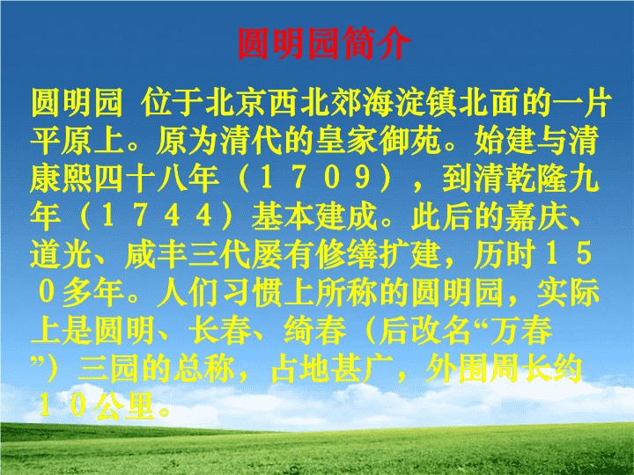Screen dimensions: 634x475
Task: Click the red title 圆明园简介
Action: [324, 44]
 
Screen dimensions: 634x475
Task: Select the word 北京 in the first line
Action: [236, 103]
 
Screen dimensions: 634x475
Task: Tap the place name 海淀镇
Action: [410, 103]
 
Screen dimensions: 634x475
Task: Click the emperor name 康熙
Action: [62, 178]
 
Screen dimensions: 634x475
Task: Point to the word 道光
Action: [62, 253]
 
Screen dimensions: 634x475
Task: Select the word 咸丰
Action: [157, 253]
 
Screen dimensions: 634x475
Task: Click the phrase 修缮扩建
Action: [378, 253]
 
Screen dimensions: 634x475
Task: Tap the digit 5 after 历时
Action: [584, 253]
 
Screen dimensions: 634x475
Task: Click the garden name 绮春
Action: [315, 330]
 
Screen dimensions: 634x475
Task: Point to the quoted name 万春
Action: [521, 330]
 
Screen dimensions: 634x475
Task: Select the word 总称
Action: [204, 368]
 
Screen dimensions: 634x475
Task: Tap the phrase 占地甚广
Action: [331, 368]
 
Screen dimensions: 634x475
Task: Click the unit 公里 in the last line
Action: [125, 406]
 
